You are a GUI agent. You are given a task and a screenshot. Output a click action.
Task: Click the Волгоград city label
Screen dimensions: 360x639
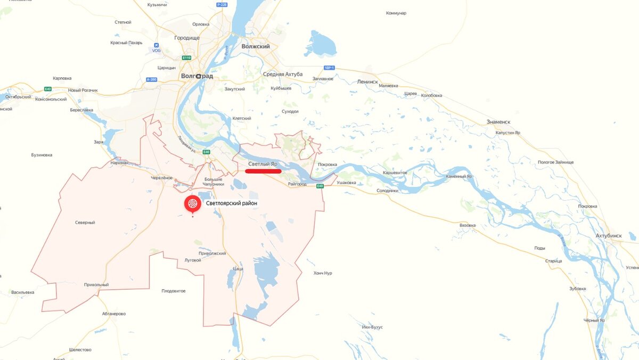(197, 76)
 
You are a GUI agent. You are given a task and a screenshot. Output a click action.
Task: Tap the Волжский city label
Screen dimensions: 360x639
(256, 46)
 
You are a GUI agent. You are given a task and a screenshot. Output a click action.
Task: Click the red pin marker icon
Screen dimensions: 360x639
(193, 204)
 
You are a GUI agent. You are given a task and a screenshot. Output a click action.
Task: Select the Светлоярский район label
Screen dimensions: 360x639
(232, 203)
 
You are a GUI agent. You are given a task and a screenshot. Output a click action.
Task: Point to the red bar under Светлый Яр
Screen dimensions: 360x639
(263, 171)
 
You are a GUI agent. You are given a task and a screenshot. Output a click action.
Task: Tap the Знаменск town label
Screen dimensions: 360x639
(498, 122)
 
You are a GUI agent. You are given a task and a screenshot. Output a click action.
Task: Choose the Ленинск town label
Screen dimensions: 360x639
(367, 82)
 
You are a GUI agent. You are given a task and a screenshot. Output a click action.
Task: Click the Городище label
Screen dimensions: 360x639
(186, 38)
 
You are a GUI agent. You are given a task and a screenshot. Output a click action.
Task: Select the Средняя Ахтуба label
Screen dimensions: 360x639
(282, 74)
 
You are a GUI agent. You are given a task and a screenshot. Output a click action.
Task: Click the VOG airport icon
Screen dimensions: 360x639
(156, 45)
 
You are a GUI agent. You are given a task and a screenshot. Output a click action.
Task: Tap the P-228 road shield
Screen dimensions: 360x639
(222, 5)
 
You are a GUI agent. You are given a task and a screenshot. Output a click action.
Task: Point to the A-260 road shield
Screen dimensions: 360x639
(152, 79)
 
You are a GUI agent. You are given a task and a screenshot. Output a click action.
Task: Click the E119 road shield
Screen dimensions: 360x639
(186, 58)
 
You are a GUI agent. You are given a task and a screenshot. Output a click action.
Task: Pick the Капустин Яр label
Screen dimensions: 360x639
(507, 133)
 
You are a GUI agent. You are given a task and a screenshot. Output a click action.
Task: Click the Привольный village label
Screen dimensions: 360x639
(96, 285)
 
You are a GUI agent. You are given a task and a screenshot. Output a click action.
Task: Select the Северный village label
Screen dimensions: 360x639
(85, 223)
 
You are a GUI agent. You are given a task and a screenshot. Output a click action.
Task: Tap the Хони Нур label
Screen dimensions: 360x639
(323, 273)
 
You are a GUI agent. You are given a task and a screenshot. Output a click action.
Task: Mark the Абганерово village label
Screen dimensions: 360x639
(113, 314)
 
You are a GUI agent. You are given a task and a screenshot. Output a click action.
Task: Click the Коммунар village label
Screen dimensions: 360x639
(396, 13)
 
